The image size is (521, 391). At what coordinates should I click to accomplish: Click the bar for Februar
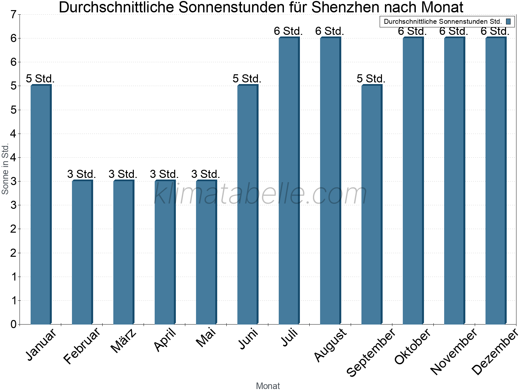(82, 252)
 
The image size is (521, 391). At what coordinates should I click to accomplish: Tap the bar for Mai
(206, 252)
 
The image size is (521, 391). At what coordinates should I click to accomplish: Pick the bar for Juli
(289, 181)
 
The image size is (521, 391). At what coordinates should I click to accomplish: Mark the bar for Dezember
(496, 181)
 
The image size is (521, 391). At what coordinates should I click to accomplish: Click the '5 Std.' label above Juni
(247, 79)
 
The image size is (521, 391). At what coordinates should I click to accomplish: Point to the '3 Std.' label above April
(164, 174)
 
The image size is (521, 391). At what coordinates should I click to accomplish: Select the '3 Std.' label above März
(123, 174)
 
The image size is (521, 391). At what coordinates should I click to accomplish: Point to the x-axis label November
(454, 351)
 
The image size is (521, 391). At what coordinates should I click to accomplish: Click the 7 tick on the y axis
(13, 15)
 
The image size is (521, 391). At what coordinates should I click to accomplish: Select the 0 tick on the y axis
(13, 324)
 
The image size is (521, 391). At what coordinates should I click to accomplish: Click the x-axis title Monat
(268, 386)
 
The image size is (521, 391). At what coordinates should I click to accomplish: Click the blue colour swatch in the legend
(508, 22)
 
